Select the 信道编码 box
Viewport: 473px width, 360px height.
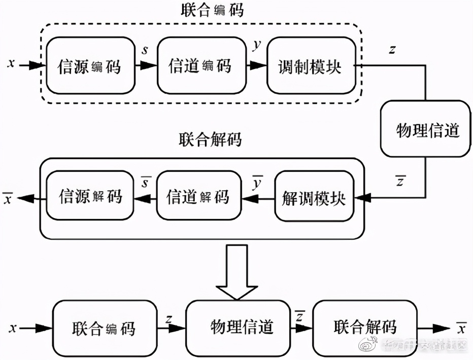coord(200,65)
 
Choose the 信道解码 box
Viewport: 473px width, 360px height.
coord(198,197)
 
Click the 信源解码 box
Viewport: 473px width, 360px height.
coord(90,197)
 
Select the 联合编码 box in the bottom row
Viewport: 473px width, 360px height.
coord(104,328)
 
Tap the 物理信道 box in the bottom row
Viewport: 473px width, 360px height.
coord(242,328)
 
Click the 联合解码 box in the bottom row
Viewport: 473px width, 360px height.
coord(364,328)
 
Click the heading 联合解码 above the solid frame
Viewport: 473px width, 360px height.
coord(210,140)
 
